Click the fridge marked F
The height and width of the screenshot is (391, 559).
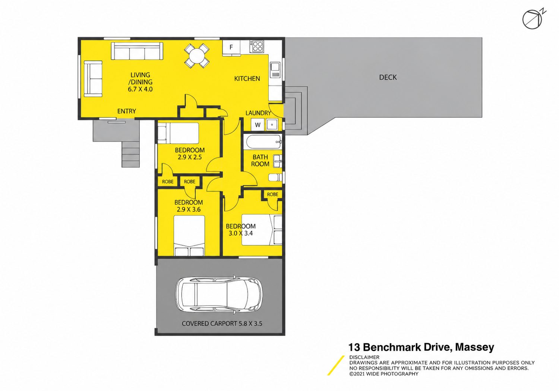click(231, 47)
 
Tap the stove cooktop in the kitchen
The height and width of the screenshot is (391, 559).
click(257, 46)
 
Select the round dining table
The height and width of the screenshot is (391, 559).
click(197, 56)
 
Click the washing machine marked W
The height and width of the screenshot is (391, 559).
click(258, 125)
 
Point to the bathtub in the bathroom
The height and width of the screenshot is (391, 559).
click(264, 142)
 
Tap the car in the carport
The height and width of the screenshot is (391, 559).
click(218, 295)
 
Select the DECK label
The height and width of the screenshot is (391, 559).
click(388, 78)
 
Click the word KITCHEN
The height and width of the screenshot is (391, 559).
click(247, 79)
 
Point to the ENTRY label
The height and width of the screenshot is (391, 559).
click(127, 111)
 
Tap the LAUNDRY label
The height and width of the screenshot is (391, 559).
click(258, 113)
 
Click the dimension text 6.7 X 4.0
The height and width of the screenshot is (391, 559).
click(140, 89)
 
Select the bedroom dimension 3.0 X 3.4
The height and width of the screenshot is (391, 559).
click(241, 233)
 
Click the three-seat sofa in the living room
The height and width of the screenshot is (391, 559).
click(137, 51)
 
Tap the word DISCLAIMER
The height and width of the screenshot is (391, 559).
click(364, 357)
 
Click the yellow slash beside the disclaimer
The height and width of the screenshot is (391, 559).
click(336, 365)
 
